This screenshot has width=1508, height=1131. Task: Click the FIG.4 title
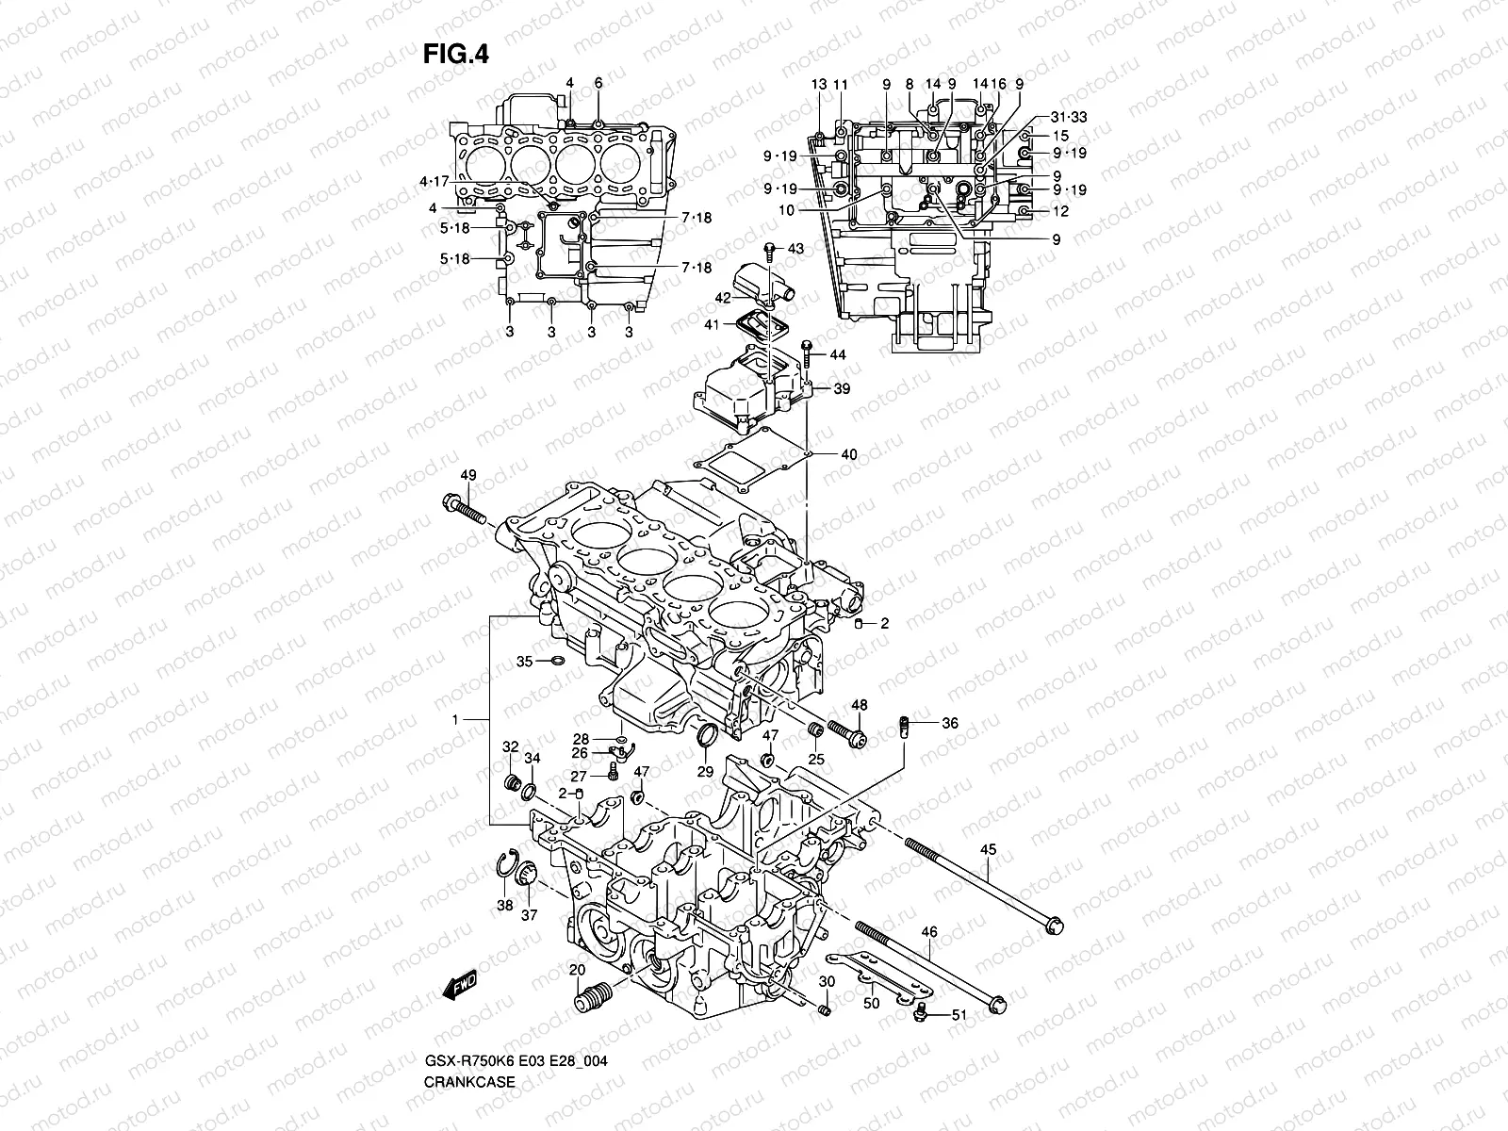click(x=454, y=55)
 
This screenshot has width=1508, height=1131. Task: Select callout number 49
click(x=468, y=474)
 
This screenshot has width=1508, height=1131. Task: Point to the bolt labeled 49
click(x=463, y=509)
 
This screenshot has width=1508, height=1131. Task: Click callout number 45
click(x=988, y=850)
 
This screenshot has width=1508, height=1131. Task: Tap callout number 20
click(x=577, y=971)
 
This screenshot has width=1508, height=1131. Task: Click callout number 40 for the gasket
click(x=848, y=455)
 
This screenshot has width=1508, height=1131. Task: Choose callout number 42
click(x=723, y=298)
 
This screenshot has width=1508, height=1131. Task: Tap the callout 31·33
click(x=1068, y=118)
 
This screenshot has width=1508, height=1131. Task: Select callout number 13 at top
click(x=818, y=85)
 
